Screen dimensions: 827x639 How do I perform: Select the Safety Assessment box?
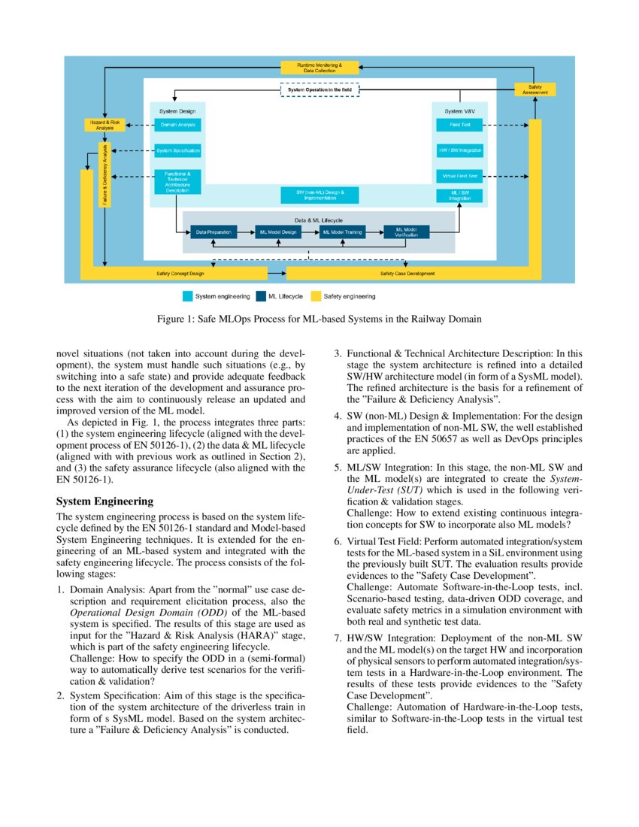(535, 89)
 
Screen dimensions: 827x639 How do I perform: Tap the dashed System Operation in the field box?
(320, 89)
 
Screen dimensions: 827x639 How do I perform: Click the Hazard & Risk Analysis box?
(104, 126)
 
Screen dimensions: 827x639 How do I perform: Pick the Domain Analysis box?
(177, 125)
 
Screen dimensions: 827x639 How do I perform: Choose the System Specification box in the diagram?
(177, 150)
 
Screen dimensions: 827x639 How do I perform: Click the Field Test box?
(459, 125)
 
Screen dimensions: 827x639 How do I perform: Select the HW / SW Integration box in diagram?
(459, 150)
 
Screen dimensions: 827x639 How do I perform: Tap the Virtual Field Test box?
(459, 176)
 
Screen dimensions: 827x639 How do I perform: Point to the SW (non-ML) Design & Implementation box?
(319, 195)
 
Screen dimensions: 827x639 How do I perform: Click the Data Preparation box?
(214, 232)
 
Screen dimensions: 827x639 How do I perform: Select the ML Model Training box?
(342, 232)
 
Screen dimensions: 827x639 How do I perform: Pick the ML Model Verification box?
(406, 232)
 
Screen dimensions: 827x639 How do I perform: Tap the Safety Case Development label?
(407, 273)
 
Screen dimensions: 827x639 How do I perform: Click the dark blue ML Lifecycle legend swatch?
(261, 296)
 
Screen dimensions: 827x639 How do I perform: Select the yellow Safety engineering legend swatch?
(316, 296)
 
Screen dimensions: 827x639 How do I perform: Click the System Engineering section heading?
(104, 501)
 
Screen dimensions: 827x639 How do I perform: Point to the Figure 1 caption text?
(319, 319)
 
